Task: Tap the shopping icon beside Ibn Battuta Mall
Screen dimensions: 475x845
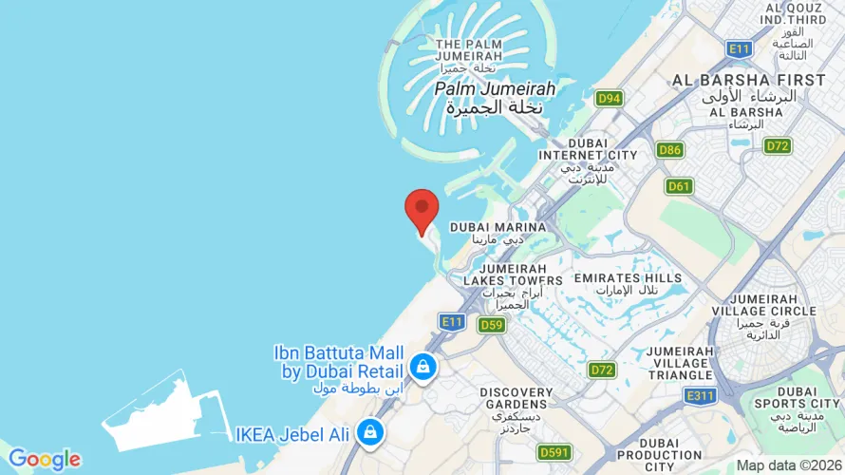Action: (422, 366)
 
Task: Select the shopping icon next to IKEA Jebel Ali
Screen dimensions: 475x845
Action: (369, 433)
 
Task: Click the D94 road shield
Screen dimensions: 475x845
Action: (609, 98)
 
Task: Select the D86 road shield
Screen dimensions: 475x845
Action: (670, 149)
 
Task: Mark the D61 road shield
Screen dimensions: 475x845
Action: (679, 186)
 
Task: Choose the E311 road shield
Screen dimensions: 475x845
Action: (700, 395)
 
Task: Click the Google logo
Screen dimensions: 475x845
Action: (44, 460)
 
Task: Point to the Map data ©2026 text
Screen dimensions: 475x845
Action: (788, 465)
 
